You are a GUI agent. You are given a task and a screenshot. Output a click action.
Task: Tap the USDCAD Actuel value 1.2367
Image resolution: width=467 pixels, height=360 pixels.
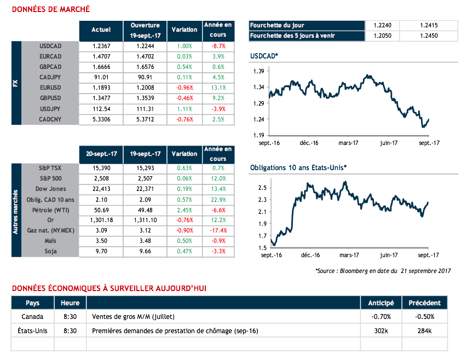[101, 46]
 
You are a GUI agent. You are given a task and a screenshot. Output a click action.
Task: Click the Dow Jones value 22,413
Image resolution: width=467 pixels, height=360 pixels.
[101, 189]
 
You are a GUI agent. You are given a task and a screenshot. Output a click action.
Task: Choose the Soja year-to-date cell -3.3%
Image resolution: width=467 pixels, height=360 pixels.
[218, 251]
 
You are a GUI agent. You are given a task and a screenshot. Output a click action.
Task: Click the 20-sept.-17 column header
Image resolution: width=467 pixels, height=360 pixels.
[101, 154]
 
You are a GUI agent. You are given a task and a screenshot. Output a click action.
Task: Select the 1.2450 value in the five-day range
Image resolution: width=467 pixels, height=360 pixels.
[429, 36]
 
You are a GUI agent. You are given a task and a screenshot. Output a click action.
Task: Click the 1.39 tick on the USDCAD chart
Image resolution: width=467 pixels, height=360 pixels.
[259, 72]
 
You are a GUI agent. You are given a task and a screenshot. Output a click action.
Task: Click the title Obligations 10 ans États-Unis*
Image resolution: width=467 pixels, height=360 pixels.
[298, 167]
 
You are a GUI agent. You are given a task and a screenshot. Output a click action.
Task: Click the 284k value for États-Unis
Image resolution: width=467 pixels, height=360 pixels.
[424, 330]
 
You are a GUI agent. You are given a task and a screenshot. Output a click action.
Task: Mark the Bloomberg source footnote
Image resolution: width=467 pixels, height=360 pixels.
[383, 271]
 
